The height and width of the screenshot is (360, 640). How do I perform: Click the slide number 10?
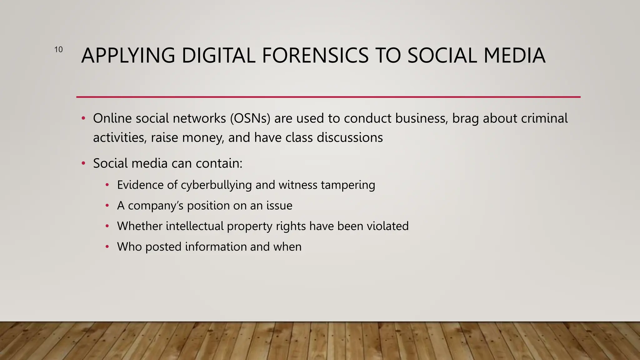(x=58, y=49)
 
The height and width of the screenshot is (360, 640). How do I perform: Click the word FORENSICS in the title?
(x=315, y=56)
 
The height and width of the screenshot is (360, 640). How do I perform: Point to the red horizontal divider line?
(x=328, y=97)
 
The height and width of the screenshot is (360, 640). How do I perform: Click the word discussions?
(x=350, y=137)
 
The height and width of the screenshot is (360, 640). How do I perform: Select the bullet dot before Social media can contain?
(x=83, y=163)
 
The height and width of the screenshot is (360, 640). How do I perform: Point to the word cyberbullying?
(x=216, y=185)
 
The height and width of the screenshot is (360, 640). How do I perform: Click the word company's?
(x=156, y=206)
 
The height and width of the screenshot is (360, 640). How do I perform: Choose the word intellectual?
(x=195, y=226)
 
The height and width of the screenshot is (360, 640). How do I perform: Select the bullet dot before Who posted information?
(x=107, y=247)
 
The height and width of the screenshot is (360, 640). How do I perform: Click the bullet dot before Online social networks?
(x=83, y=118)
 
